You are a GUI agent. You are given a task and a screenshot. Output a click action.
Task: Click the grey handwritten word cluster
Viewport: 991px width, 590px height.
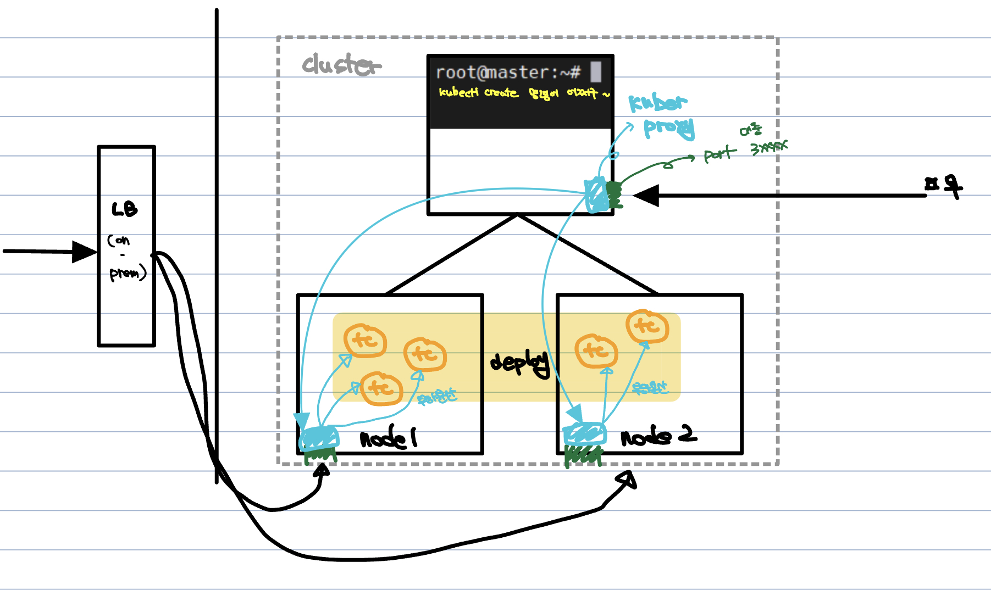(x=341, y=65)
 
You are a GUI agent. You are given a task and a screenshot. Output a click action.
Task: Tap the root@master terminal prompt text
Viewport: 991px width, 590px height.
(x=508, y=73)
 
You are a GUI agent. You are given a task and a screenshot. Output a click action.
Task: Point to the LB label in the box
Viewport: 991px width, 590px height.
(x=125, y=209)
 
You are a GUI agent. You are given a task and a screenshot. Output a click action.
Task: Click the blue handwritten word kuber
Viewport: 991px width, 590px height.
(x=657, y=103)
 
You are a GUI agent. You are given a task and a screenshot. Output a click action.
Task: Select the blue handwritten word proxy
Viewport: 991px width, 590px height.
(x=669, y=128)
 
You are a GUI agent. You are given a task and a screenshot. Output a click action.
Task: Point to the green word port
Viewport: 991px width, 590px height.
(x=719, y=154)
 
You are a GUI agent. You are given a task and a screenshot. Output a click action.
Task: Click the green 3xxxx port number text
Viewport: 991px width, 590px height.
(x=769, y=147)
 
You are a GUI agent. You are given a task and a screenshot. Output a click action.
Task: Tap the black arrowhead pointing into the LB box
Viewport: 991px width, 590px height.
(x=84, y=252)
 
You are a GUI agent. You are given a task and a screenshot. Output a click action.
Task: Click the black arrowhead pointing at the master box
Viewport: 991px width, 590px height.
(x=647, y=196)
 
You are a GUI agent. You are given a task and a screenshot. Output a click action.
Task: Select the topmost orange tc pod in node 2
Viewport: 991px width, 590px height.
(x=647, y=326)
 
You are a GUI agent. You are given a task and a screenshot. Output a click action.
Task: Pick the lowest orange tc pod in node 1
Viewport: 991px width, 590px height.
(x=381, y=388)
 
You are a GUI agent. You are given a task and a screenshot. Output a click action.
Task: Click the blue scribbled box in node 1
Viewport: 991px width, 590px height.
(x=319, y=438)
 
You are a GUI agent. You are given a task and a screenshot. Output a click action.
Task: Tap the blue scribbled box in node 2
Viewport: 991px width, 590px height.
(x=585, y=434)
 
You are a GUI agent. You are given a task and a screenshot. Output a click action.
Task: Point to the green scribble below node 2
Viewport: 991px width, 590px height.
(x=583, y=455)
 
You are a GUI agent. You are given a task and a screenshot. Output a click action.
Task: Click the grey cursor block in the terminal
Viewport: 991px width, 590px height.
(x=596, y=72)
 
